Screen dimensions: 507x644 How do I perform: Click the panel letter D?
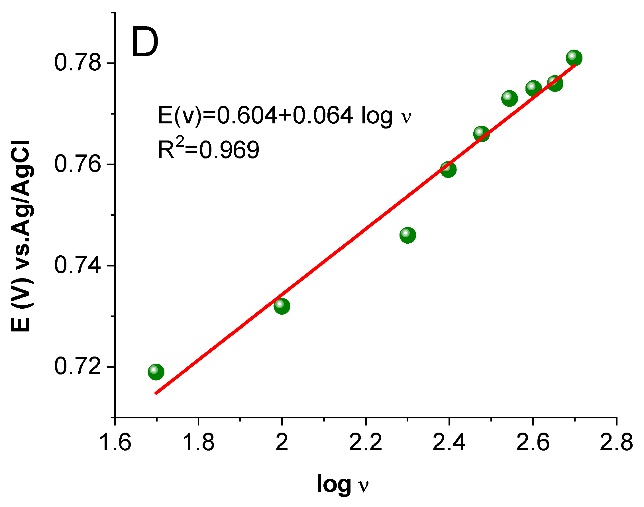coord(145,42)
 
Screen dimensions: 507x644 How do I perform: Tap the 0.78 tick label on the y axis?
coord(78,63)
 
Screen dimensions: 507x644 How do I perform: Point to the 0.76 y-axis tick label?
coord(78,164)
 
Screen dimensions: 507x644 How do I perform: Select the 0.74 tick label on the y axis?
coord(78,265)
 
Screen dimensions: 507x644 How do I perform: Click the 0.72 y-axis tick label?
coord(78,366)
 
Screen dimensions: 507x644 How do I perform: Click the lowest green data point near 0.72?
coord(156,372)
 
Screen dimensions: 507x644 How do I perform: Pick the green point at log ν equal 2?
coord(282,306)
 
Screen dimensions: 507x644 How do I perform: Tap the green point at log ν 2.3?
coord(407,235)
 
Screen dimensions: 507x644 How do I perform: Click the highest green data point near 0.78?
coord(574,58)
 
